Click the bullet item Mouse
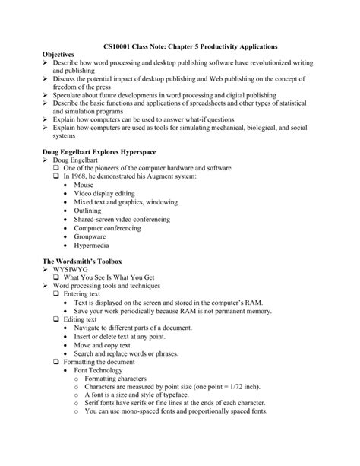click(x=84, y=184)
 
